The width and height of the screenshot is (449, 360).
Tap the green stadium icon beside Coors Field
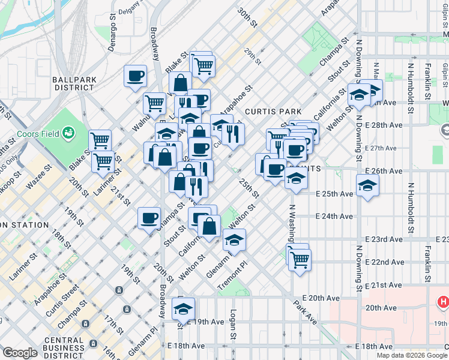tap(68, 131)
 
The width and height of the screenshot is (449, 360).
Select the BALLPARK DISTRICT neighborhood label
tap(73, 83)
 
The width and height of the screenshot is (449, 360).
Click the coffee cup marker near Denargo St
tap(135, 76)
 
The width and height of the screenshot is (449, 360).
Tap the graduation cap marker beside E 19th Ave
tap(184, 310)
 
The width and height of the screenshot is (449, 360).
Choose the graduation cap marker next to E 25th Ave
tap(367, 185)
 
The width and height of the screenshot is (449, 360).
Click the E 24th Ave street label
tap(334, 216)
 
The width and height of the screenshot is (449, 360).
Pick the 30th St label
tap(247, 19)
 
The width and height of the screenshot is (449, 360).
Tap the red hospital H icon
tap(443, 302)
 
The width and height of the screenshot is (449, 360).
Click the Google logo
tap(20, 353)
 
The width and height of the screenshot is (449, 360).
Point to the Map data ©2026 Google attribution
tap(411, 355)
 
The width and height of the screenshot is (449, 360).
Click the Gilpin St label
tap(444, 71)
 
